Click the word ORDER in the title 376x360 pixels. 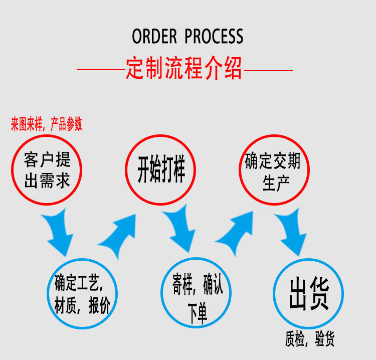point(154,37)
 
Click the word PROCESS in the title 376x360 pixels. point(214,37)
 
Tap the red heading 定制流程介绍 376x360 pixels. point(184,69)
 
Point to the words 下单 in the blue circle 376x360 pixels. point(197,312)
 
